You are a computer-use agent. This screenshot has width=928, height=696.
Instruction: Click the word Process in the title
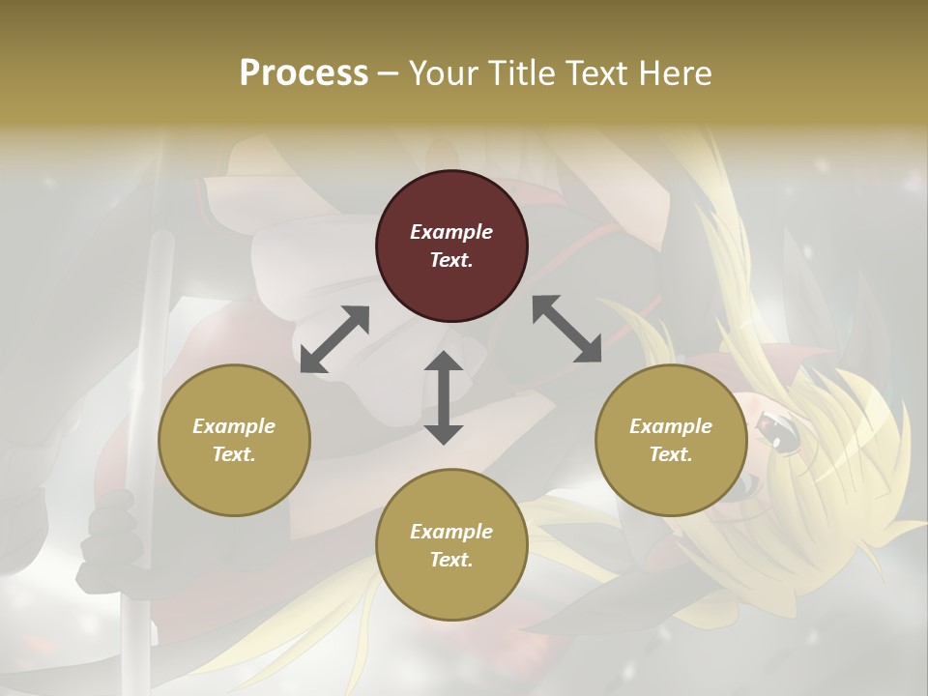coord(304,73)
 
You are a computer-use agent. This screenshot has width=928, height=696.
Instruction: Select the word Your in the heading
coord(440,73)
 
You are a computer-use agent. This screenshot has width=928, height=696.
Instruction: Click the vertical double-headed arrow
coord(444,398)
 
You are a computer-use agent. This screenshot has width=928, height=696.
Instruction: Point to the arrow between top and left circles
coord(334,339)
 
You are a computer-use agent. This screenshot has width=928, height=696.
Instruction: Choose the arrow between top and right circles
coord(566,330)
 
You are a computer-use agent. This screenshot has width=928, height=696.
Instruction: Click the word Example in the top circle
coord(451,232)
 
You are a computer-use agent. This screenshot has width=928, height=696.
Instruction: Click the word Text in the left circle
coord(234,454)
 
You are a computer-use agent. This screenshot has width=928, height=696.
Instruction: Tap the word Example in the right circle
coord(671,426)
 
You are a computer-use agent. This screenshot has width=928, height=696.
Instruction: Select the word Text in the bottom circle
coord(451,560)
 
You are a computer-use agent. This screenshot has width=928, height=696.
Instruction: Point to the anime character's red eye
coord(779,433)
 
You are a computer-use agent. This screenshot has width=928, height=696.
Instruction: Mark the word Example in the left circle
coord(234,426)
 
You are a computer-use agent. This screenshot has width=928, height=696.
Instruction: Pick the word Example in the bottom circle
coord(451,532)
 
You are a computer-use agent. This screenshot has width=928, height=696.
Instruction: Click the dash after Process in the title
coord(389,73)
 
